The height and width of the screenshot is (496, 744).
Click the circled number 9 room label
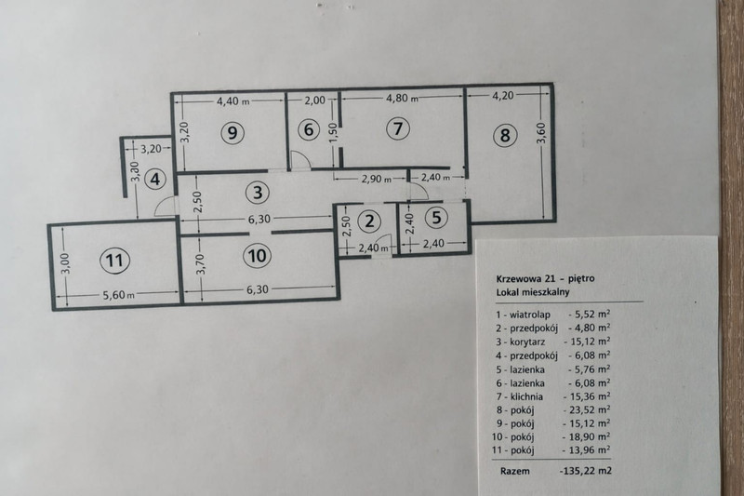(x=232, y=132)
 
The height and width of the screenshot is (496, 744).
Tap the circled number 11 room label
(x=114, y=261)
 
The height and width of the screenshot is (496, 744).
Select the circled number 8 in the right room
(x=505, y=135)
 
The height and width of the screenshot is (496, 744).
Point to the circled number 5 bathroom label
(x=436, y=218)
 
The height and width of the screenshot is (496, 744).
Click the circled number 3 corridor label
(x=258, y=193)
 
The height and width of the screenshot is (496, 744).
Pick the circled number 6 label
(x=309, y=129)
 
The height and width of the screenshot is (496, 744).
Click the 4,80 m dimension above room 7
(x=403, y=99)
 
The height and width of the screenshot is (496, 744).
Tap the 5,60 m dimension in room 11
(x=119, y=295)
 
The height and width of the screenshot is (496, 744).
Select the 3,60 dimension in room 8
(x=542, y=132)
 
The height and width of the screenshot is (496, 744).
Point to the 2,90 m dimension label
(x=377, y=179)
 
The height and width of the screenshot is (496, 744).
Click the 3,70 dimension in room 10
(x=201, y=264)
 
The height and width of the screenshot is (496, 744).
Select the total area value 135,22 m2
(x=586, y=471)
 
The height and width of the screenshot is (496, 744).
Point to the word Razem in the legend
(x=515, y=471)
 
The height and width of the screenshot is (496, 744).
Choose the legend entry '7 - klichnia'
(x=519, y=396)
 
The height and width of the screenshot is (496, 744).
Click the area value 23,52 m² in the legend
(x=587, y=409)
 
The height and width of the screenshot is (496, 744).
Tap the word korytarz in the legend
(x=527, y=342)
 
